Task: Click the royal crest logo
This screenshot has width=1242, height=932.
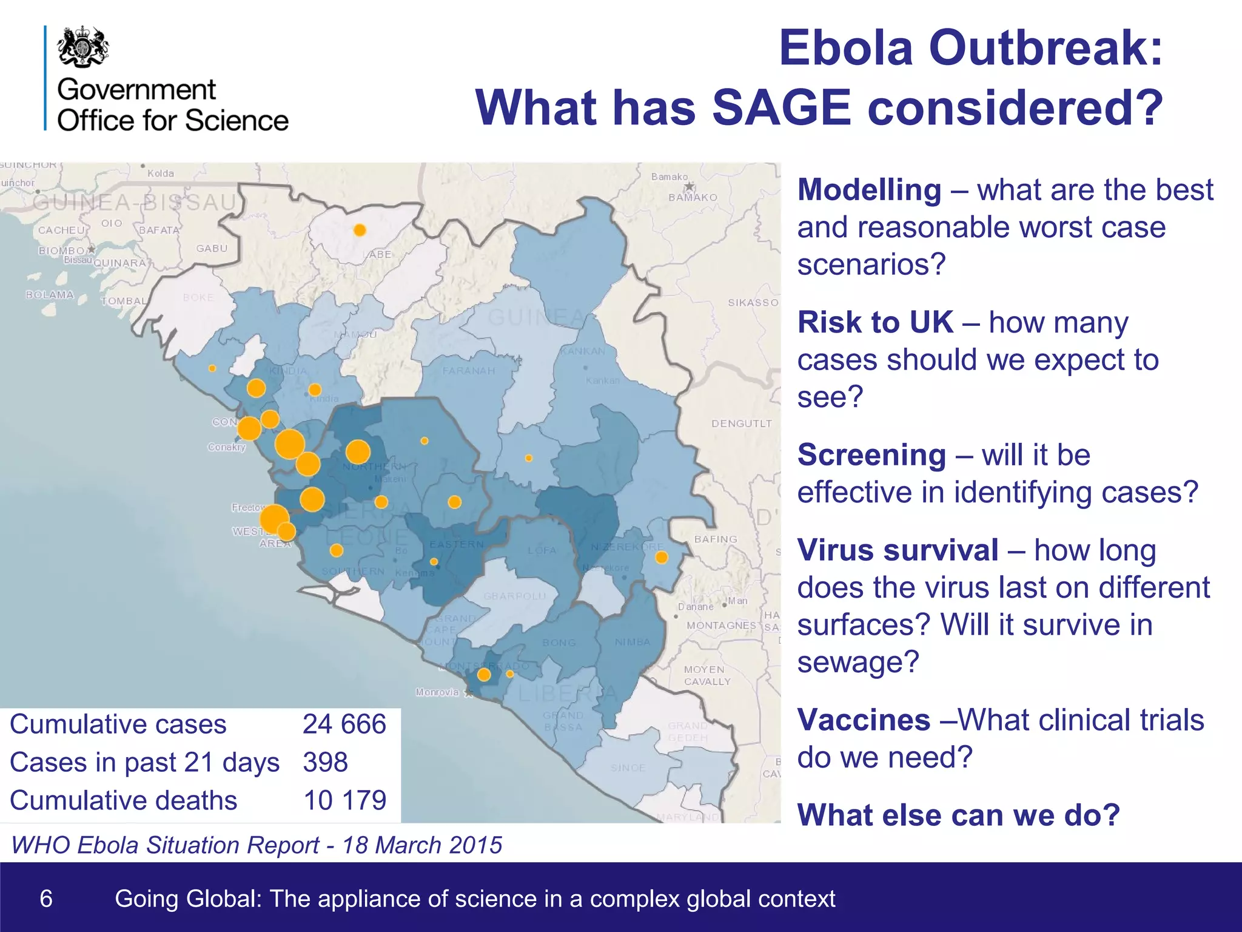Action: tap(84, 47)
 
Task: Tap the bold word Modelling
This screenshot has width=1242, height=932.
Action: tap(869, 190)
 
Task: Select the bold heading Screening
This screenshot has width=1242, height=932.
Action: tap(871, 455)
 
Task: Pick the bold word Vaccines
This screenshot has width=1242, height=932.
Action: tap(864, 720)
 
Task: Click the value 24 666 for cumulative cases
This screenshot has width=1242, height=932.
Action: tap(344, 724)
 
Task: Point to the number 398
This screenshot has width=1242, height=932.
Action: tap(326, 763)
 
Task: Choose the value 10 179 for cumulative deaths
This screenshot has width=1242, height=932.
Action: tap(344, 801)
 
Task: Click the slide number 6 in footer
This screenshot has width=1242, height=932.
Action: tap(46, 899)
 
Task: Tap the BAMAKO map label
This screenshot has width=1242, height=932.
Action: tap(693, 198)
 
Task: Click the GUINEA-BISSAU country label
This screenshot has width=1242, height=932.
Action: tap(135, 202)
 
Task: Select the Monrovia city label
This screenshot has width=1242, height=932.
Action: tap(437, 692)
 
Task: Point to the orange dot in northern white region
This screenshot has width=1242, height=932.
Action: tap(360, 230)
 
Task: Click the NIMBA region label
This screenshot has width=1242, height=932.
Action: tap(632, 642)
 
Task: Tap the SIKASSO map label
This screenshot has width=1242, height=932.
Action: tap(753, 302)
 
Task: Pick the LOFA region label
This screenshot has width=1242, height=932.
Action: tap(542, 550)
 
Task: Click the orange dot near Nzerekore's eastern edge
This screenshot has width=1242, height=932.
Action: tap(662, 557)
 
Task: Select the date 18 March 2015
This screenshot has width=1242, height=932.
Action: tap(422, 845)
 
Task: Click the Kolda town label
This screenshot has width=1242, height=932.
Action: tap(161, 174)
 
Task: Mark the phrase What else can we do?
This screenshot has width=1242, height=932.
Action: tap(958, 815)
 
